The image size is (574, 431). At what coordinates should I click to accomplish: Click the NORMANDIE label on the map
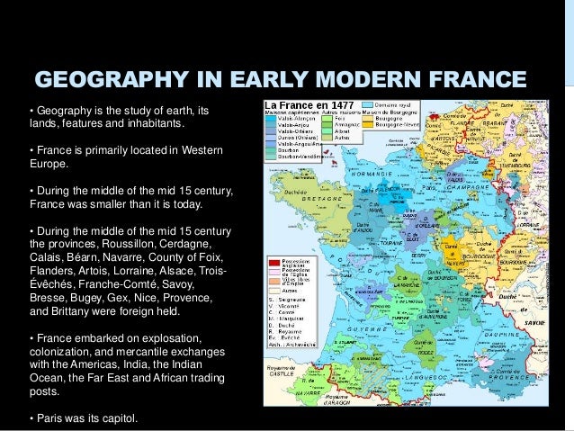click(x=372, y=172)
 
